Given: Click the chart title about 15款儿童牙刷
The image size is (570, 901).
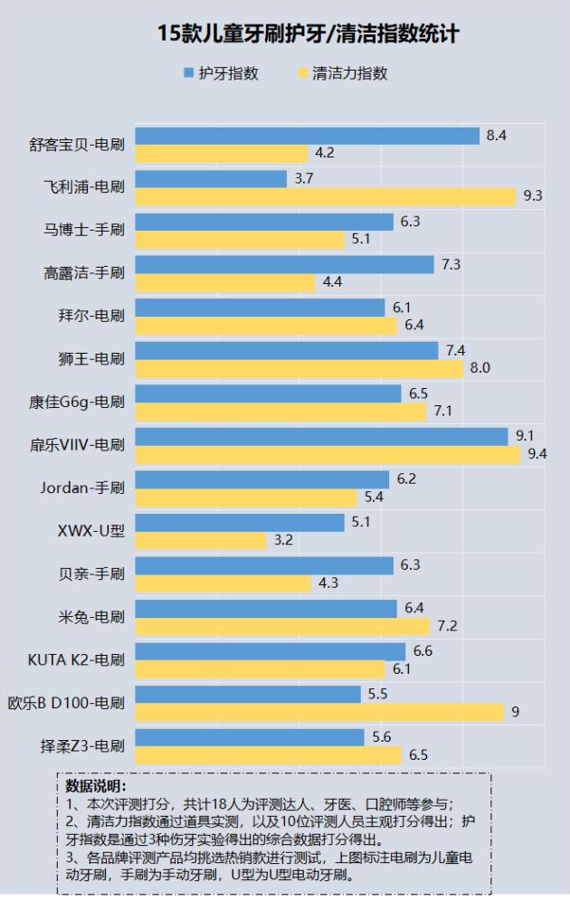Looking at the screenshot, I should [308, 34].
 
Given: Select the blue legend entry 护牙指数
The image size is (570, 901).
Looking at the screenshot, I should [221, 73].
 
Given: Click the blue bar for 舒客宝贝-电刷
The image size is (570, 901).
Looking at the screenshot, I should [307, 136].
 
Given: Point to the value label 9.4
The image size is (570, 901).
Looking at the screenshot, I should [537, 453].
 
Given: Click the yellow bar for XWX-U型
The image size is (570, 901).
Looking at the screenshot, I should [201, 539].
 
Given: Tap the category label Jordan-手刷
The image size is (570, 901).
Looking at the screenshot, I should [81, 488].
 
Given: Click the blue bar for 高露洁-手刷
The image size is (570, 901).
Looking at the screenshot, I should [284, 264].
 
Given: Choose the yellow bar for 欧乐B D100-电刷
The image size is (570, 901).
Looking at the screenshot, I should [318, 711].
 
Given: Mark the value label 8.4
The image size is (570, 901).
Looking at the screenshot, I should [496, 136].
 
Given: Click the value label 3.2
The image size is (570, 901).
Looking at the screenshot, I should [282, 540].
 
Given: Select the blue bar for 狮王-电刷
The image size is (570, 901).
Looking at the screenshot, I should [286, 350].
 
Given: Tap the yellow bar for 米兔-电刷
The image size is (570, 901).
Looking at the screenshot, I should [282, 626].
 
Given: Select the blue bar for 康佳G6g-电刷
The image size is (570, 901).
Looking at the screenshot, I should [268, 394].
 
